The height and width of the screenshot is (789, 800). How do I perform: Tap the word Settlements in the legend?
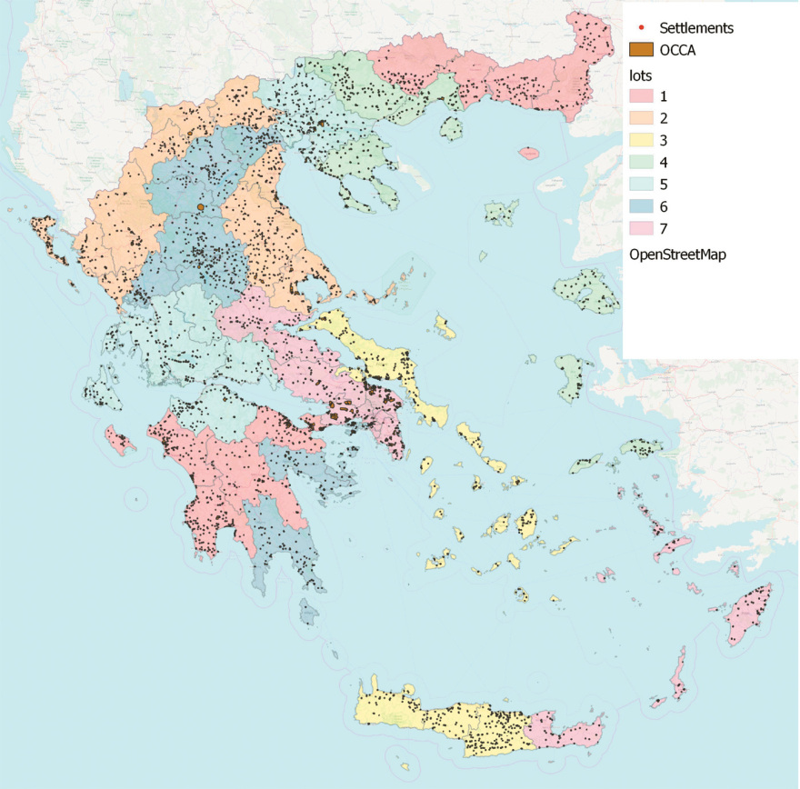tap(695, 28)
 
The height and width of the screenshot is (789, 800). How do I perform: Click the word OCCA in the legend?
tap(679, 50)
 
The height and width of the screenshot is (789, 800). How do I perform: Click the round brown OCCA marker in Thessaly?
tap(200, 208)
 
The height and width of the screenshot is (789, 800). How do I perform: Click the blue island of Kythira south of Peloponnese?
tap(310, 617)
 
